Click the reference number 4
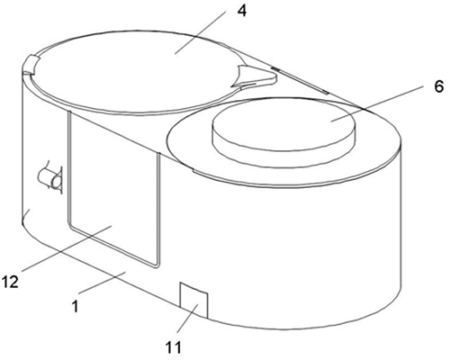click(x=242, y=11)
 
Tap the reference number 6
click(x=438, y=86)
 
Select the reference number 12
click(x=10, y=282)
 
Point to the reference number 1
click(x=76, y=306)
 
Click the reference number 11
click(x=174, y=348)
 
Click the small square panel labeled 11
click(x=193, y=300)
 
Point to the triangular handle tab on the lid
click(x=255, y=77)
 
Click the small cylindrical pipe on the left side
click(x=51, y=177)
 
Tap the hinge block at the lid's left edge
click(x=30, y=64)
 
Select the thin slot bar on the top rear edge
click(x=300, y=81)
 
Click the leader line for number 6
click(x=377, y=103)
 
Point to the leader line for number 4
click(x=200, y=32)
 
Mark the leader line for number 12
click(x=67, y=247)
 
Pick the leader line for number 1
click(x=102, y=283)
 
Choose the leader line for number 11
click(x=187, y=318)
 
